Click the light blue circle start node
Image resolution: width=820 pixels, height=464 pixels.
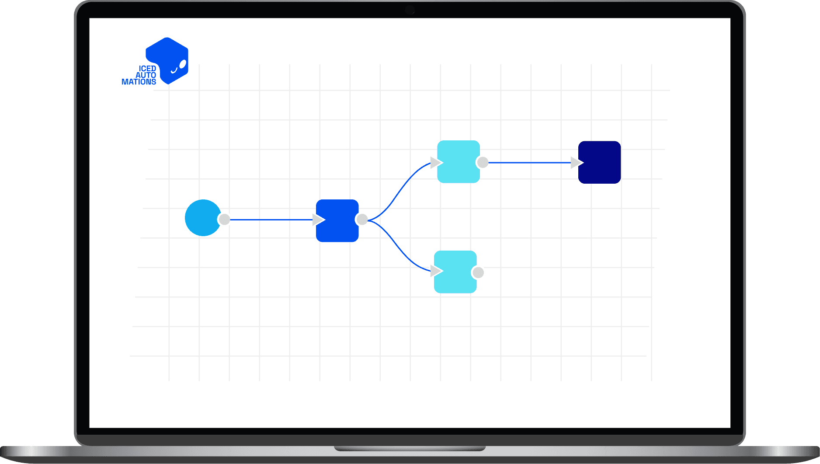point(202,218)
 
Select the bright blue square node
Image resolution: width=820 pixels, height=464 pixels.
point(337,221)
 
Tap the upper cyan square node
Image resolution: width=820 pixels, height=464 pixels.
point(459,162)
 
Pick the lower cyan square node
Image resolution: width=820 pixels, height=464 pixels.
point(455,272)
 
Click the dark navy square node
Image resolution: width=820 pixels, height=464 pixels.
point(600,162)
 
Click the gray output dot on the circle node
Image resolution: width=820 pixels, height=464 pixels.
point(224,220)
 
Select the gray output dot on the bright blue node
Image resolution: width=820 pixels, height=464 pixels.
point(362,220)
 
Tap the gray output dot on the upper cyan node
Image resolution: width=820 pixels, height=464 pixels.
point(483,162)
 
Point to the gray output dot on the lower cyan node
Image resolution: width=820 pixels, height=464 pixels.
point(478,272)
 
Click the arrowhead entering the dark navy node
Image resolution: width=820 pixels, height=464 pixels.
point(577,163)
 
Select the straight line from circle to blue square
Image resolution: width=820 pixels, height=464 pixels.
point(271,220)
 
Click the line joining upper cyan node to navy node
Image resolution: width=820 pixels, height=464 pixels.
point(529,163)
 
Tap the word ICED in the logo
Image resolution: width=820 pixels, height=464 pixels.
point(147,69)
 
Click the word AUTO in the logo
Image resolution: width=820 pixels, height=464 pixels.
point(146,75)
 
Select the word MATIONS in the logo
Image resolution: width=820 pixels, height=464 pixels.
point(139,82)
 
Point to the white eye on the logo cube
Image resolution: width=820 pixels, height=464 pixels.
point(183,64)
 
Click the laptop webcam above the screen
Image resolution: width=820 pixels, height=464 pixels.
point(410,10)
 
